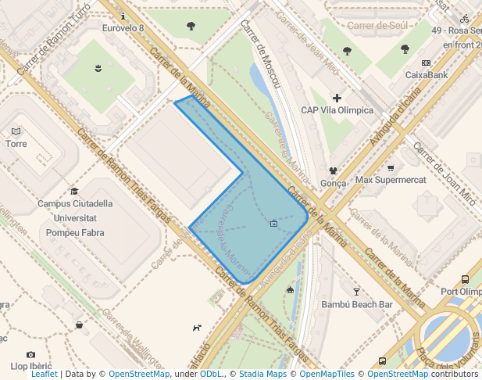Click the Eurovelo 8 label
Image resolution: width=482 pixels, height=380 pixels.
(123, 29)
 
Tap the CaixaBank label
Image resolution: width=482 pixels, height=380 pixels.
(426, 75)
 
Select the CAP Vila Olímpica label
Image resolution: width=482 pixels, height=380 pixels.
(337, 110)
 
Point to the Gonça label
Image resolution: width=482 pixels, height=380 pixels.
(333, 183)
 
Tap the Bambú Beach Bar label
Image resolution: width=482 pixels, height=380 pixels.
(356, 304)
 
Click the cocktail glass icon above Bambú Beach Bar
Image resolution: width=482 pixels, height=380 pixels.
(357, 291)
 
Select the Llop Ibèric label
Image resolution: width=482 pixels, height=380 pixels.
(31, 366)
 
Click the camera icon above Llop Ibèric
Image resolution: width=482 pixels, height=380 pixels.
(30, 354)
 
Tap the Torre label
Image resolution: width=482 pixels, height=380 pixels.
(16, 144)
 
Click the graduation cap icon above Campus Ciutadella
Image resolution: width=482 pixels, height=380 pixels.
(74, 191)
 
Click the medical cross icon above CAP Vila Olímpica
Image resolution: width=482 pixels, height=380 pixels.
(337, 98)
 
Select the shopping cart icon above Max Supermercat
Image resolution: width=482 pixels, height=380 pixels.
(391, 168)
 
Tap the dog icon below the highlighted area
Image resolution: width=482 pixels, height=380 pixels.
(197, 328)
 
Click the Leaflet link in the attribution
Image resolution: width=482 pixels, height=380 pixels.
(45, 375)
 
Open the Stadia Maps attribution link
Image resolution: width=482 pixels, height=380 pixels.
(263, 375)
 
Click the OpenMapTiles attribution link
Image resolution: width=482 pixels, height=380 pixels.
(327, 375)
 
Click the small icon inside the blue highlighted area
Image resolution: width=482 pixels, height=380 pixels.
(273, 224)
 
